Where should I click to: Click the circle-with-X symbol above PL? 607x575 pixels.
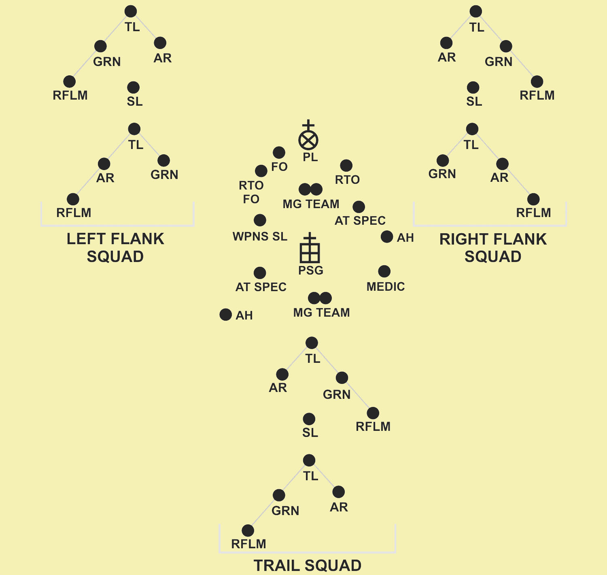(308, 140)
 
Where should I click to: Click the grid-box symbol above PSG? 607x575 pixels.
(310, 253)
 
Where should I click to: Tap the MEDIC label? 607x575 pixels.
(385, 287)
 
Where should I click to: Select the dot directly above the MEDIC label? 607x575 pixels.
(384, 271)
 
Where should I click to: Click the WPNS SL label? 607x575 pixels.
(260, 236)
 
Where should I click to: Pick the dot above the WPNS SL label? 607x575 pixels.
(260, 220)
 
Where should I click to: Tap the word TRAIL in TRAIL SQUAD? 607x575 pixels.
(277, 566)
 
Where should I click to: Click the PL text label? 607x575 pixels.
(310, 157)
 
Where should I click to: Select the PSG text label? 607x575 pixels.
(311, 270)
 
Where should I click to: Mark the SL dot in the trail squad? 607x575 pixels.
(309, 419)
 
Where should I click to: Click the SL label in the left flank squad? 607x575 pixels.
(135, 101)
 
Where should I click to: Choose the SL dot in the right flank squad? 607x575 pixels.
(473, 87)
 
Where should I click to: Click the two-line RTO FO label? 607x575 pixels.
(251, 192)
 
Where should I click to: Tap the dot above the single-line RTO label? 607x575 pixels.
(346, 166)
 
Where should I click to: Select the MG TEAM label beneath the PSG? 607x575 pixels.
(321, 312)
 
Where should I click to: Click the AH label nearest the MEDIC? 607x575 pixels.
(405, 238)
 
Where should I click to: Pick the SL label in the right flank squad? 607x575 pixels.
(474, 101)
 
